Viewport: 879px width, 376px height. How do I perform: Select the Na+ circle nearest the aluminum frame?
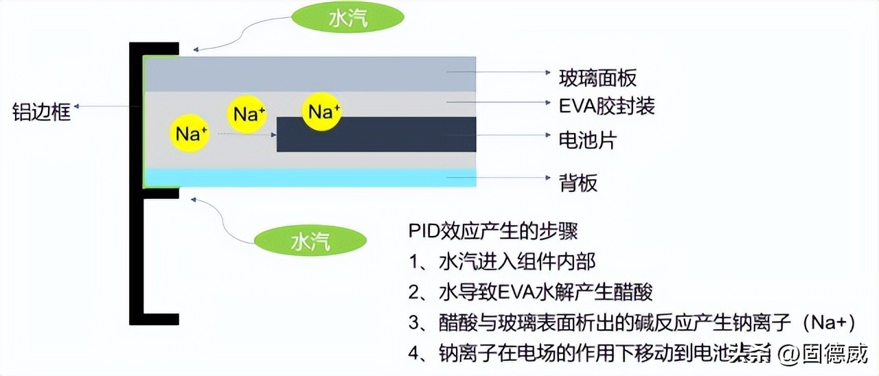coord(190,133)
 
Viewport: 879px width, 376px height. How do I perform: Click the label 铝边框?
coord(41,111)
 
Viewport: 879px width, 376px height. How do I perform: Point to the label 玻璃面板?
coord(598,77)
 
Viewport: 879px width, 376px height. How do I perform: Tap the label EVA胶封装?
coord(607,106)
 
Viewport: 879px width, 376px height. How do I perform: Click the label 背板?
coord(580,183)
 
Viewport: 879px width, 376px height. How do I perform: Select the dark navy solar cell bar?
coord(376,134)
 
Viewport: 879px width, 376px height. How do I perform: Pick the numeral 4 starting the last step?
coord(413,353)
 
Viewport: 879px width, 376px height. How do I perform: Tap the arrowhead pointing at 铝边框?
coord(78,107)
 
